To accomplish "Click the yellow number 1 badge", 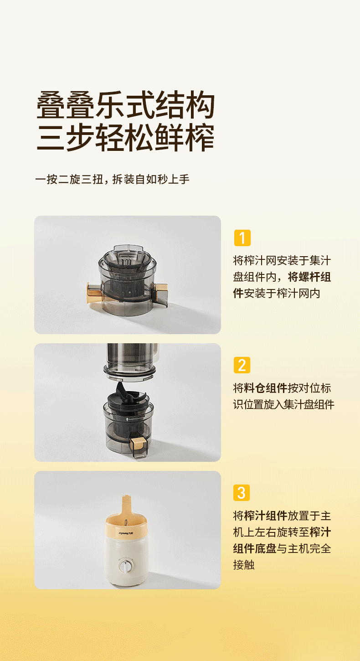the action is (242, 238).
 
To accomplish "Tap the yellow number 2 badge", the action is (242, 365).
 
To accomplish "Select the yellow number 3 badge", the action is (242, 493).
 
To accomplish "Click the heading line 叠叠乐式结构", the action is (125, 105).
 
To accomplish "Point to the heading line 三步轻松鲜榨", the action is (125, 138).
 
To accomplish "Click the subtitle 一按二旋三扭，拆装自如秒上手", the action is (112, 179).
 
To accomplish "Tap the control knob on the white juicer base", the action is (126, 565).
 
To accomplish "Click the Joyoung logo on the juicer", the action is (126, 533).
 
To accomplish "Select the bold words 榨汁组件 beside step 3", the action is (266, 516).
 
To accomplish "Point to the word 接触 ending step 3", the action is (244, 565).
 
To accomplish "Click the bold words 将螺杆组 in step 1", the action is (309, 277).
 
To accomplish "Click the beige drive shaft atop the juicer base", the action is (126, 505).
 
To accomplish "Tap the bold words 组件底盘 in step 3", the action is (255, 548).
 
